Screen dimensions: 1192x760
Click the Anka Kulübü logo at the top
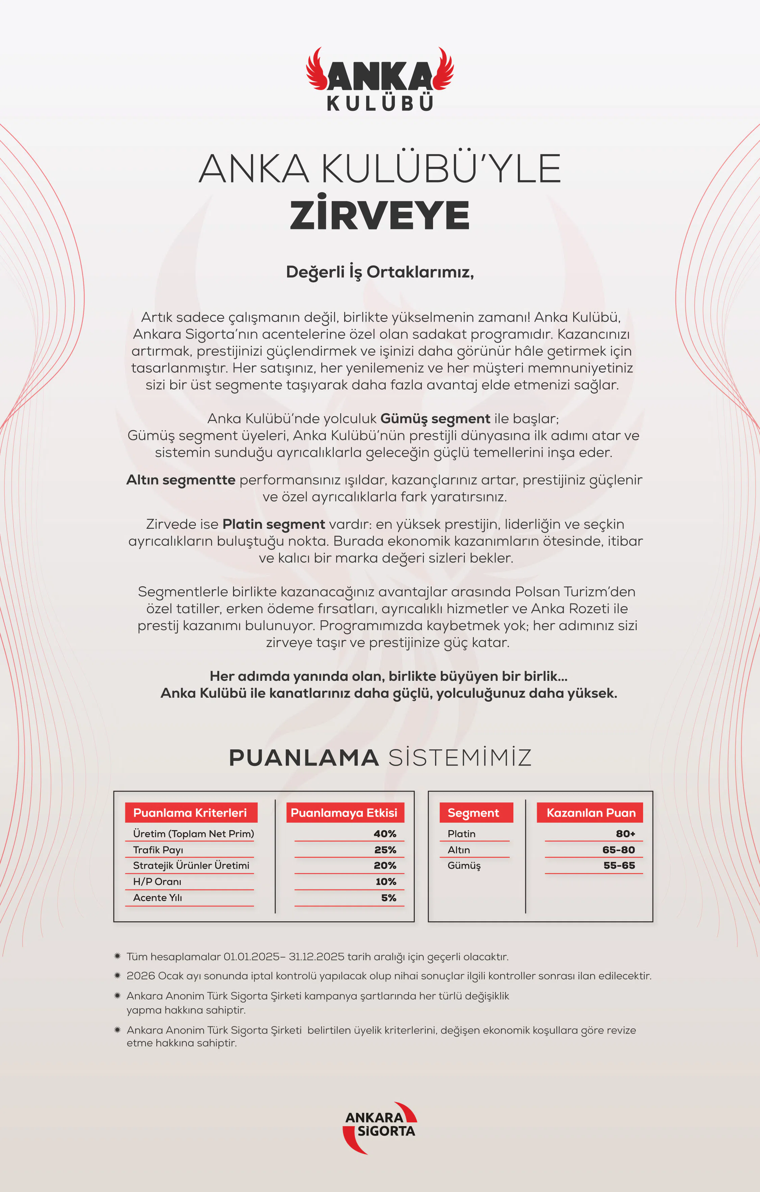[x=380, y=79]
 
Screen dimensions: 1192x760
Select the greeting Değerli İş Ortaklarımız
[x=380, y=272]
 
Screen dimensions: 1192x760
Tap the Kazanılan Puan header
[x=590, y=813]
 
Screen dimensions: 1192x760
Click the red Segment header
[x=474, y=813]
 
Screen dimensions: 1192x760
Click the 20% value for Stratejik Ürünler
[x=385, y=866]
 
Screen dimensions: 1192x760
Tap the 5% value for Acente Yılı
[x=388, y=898]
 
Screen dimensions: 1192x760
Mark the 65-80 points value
[x=618, y=850]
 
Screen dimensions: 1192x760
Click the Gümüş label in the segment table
[x=464, y=866]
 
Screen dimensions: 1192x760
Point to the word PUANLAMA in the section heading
[x=304, y=758]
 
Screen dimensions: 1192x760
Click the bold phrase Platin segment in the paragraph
[x=274, y=524]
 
